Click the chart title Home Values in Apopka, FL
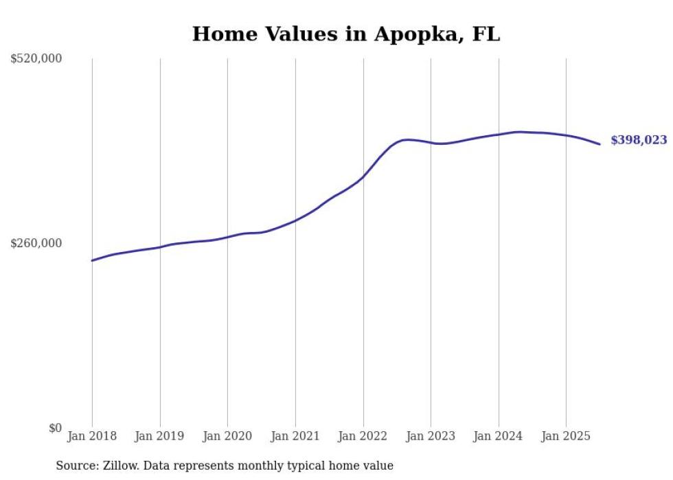[x=346, y=34]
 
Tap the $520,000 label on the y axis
[x=36, y=59]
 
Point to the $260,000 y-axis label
[x=36, y=243]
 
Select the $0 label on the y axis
[x=55, y=428]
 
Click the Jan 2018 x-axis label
[x=92, y=436]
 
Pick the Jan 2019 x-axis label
[x=160, y=436]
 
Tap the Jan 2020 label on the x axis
[x=227, y=436]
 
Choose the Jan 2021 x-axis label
[x=295, y=436]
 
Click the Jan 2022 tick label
[x=363, y=436]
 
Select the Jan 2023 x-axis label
[x=431, y=436]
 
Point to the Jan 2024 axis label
[x=498, y=436]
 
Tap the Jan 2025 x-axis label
[x=566, y=436]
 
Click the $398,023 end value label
[x=638, y=140]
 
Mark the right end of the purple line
[x=600, y=144]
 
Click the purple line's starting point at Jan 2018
[x=92, y=260]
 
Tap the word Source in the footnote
[x=76, y=466]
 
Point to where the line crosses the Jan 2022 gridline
[x=363, y=177]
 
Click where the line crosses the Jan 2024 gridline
[x=499, y=135]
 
